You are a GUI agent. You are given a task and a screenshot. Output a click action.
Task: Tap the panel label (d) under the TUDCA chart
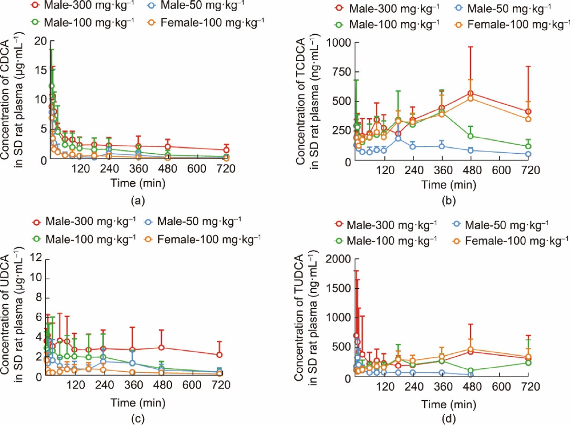pyautogui.click(x=448, y=419)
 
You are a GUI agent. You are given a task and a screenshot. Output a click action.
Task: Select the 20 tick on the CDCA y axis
pyautogui.click(x=41, y=41)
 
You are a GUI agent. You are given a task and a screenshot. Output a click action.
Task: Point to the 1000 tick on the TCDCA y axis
pyautogui.click(x=339, y=43)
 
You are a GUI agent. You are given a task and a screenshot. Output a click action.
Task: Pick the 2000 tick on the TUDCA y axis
pyautogui.click(x=338, y=259)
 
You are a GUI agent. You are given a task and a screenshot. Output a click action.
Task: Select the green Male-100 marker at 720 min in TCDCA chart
pyautogui.click(x=528, y=146)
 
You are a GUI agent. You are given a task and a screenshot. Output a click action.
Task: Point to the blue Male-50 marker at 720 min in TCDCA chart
pyautogui.click(x=528, y=154)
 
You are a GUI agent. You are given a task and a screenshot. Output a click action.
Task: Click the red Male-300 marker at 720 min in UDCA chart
pyautogui.click(x=220, y=355)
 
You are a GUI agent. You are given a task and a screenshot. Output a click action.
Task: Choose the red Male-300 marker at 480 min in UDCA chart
pyautogui.click(x=161, y=347)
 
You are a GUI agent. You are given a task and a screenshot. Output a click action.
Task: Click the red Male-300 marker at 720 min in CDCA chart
pyautogui.click(x=226, y=150)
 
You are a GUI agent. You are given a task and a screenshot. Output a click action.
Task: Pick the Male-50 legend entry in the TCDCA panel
pyautogui.click(x=509, y=8)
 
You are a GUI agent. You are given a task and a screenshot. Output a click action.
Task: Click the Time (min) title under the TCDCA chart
pyautogui.click(x=449, y=185)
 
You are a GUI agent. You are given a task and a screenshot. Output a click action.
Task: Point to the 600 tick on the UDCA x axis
pyautogui.click(x=192, y=385)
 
